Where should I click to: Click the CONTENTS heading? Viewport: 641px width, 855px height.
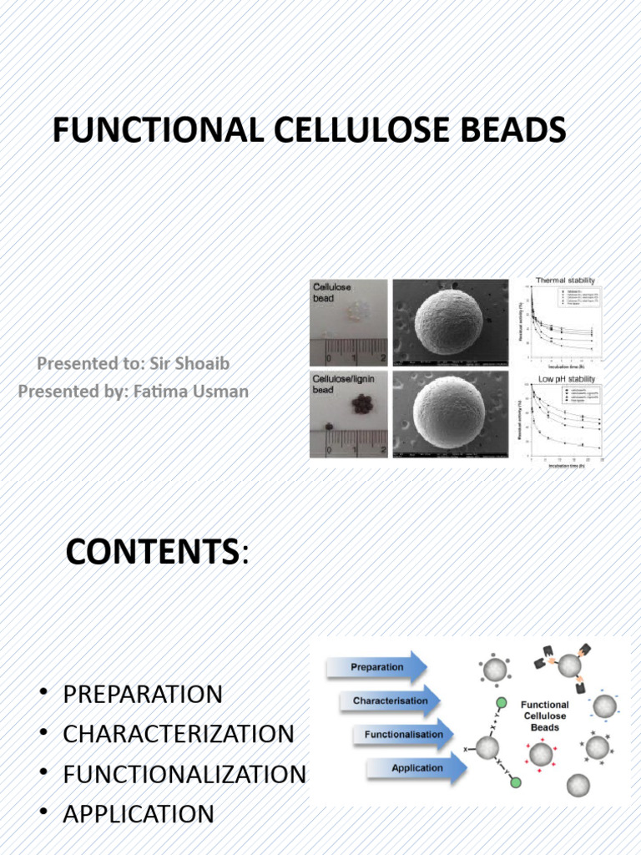click(x=152, y=552)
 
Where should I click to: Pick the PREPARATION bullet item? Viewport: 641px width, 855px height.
click(x=143, y=694)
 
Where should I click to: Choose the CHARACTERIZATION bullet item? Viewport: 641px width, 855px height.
click(x=178, y=734)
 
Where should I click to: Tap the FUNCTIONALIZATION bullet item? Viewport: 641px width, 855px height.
click(x=184, y=774)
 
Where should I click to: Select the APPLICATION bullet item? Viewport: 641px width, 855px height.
click(x=139, y=813)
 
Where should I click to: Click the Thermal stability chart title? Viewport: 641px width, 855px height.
click(x=565, y=281)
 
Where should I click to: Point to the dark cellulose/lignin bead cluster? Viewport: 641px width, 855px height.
click(x=363, y=405)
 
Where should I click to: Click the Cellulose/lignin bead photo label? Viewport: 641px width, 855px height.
click(x=343, y=384)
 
